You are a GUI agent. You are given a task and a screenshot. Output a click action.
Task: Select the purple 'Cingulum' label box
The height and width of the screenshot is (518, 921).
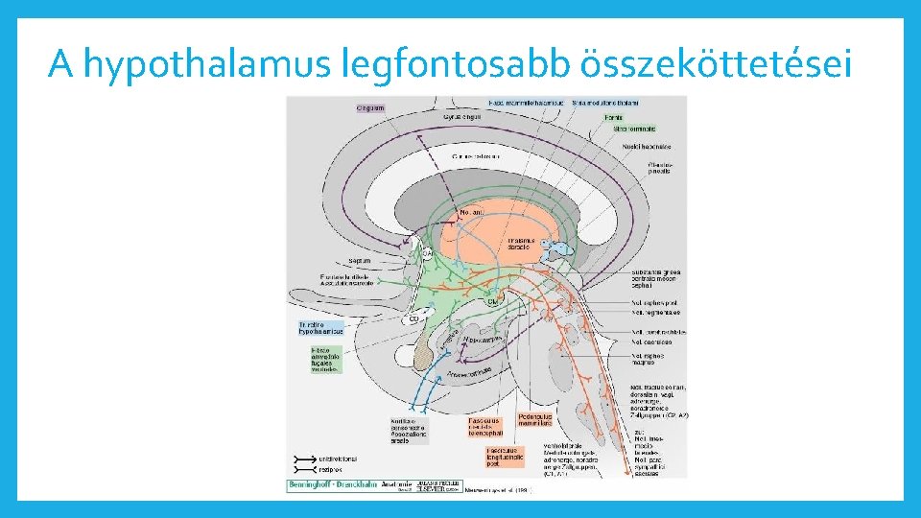point(370,107)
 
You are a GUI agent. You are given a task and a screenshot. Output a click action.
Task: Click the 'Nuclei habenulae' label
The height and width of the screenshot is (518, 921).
point(651,147)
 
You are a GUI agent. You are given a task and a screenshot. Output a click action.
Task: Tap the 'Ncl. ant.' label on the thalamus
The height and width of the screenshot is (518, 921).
point(472,211)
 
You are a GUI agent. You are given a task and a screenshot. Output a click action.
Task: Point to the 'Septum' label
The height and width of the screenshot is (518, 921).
point(360,260)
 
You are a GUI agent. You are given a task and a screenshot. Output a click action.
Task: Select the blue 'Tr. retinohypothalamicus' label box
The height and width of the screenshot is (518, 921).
point(319,328)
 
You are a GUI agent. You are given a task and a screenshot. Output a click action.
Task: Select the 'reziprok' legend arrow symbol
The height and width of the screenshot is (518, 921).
point(305,470)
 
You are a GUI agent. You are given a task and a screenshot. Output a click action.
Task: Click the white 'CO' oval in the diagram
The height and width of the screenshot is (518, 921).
point(415,319)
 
